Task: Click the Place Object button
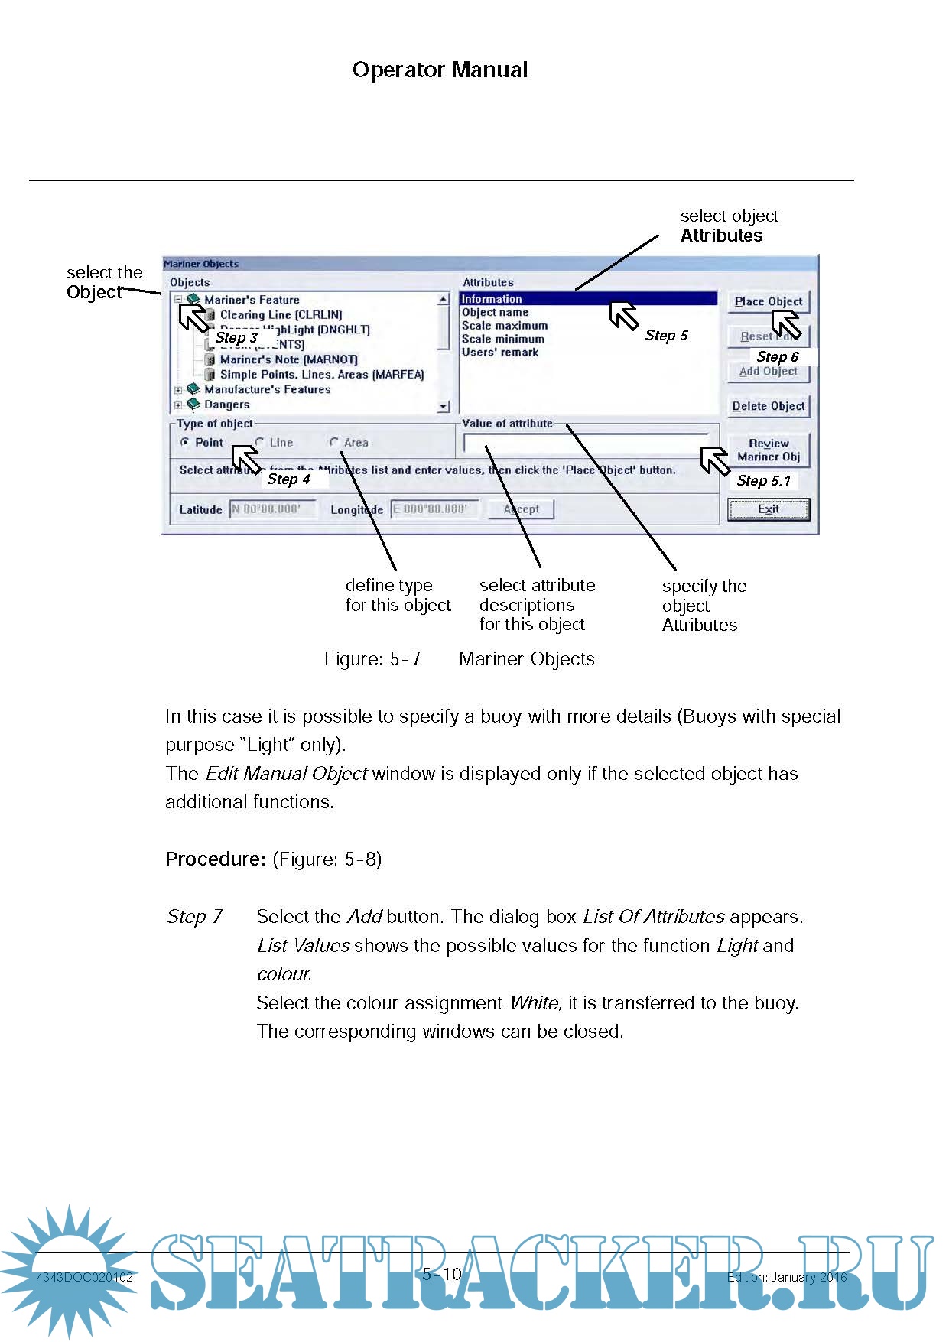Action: [768, 301]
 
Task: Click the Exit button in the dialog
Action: [768, 509]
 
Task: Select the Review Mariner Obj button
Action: [768, 450]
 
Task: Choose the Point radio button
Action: [185, 443]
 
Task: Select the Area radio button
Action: [334, 443]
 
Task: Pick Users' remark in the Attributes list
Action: [500, 353]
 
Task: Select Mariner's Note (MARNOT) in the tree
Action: [288, 359]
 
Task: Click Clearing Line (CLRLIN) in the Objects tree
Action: [281, 315]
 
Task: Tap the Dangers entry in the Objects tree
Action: [226, 405]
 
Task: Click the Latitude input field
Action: [273, 509]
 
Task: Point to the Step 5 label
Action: [666, 336]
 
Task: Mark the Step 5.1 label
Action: [763, 481]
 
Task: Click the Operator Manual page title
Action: [440, 70]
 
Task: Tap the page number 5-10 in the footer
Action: [442, 1274]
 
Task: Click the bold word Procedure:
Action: [215, 859]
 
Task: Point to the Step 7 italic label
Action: [194, 917]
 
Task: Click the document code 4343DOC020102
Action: [85, 1277]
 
